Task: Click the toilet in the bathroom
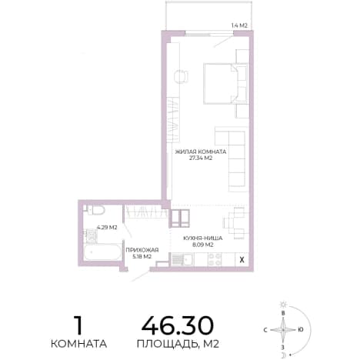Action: [x=95, y=210]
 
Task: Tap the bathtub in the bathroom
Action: [x=102, y=252]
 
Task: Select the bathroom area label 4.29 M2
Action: [x=107, y=227]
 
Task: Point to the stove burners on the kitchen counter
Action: [x=215, y=259]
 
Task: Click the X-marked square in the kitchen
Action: [x=242, y=259]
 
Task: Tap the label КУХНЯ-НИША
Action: [x=203, y=238]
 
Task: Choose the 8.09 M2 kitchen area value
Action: [x=203, y=245]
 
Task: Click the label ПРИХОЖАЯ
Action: [x=142, y=250]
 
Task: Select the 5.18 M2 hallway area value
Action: [x=142, y=256]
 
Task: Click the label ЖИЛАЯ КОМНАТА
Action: [x=201, y=152]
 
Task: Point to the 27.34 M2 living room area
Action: [x=201, y=158]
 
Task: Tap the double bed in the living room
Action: [x=225, y=84]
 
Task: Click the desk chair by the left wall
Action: [x=181, y=76]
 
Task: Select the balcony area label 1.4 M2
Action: [x=239, y=25]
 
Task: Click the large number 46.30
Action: [x=178, y=325]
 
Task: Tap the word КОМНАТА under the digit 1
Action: [x=78, y=344]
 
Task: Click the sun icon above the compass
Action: [x=283, y=305]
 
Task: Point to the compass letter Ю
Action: [x=301, y=330]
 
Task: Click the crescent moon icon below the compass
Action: [x=283, y=355]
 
